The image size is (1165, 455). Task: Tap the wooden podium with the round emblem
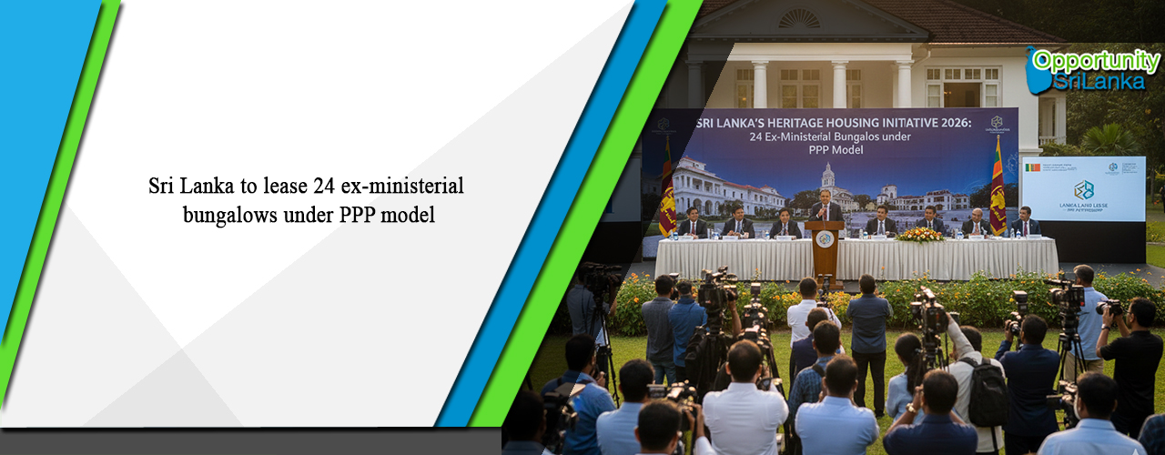tap(826, 248)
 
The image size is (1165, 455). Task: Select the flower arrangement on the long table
tap(921, 235)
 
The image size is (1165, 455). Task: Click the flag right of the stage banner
tap(998, 187)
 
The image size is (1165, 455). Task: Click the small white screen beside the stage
tap(1083, 187)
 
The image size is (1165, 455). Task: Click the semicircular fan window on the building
tap(800, 17)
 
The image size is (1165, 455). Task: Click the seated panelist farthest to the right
tap(1026, 221)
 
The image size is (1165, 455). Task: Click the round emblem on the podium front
tap(825, 239)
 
